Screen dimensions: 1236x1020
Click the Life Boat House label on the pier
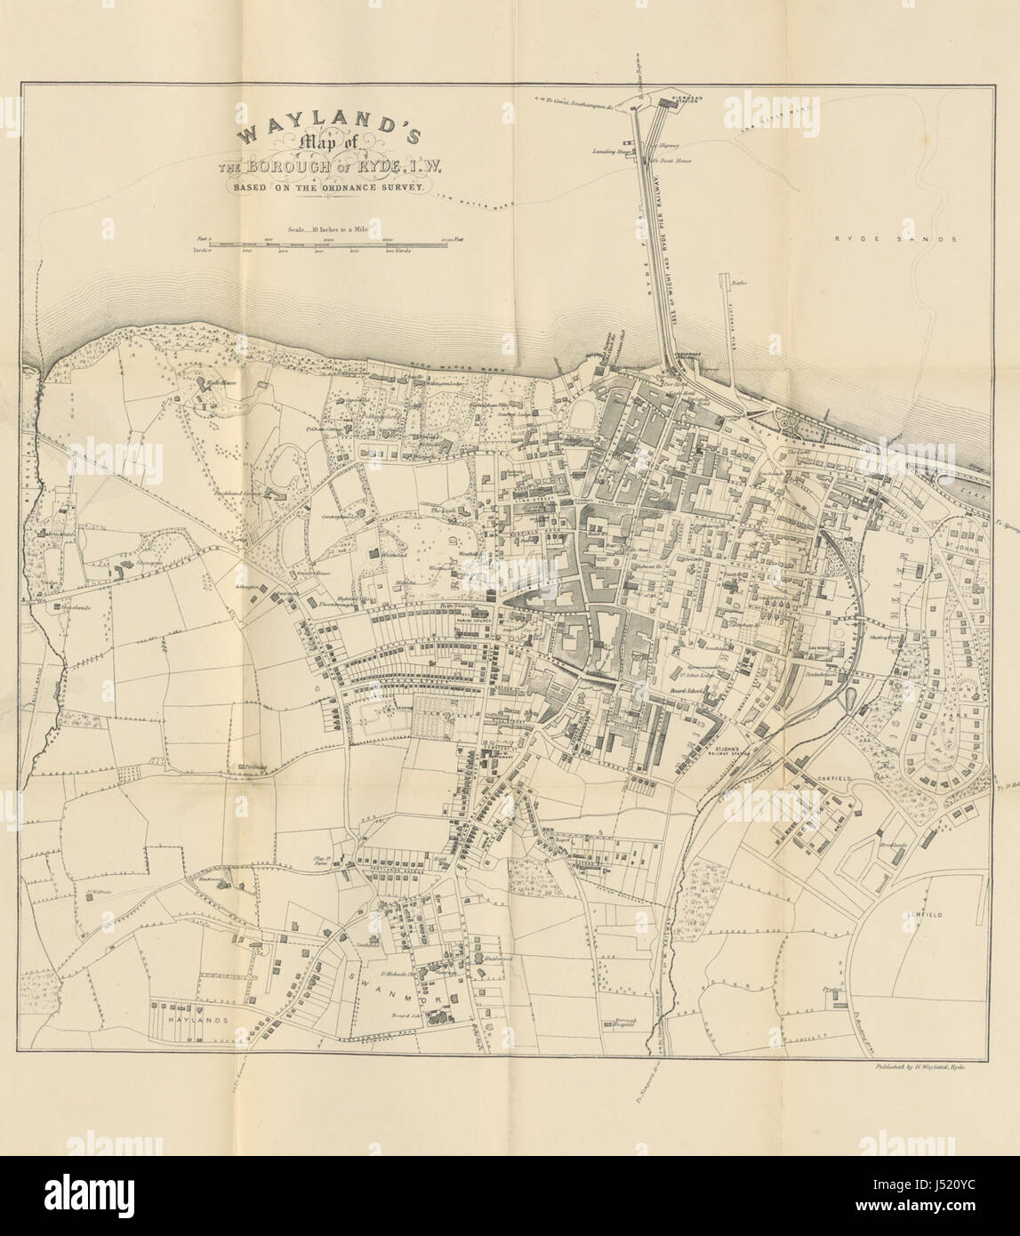click(x=671, y=161)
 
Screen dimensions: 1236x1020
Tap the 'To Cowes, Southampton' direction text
click(x=576, y=105)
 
